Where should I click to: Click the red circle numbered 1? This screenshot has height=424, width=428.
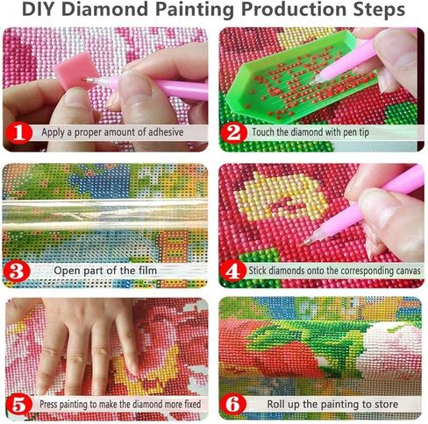(18, 133)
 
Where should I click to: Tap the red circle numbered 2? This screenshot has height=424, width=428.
(232, 133)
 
